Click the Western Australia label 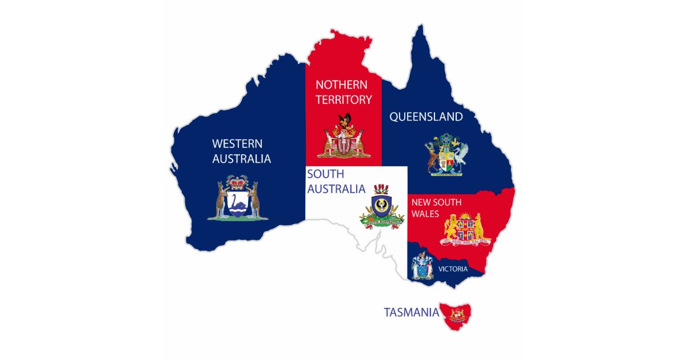click(241, 151)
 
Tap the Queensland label click(426, 117)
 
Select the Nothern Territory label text click(344, 92)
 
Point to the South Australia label click(336, 181)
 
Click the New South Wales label click(436, 208)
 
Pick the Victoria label click(453, 269)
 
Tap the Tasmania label click(412, 313)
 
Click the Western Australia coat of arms click(238, 198)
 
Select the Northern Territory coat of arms click(344, 137)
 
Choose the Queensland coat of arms click(446, 155)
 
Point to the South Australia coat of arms click(381, 206)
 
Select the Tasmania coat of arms click(457, 315)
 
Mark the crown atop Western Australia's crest click(238, 182)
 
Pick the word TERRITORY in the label click(344, 99)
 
